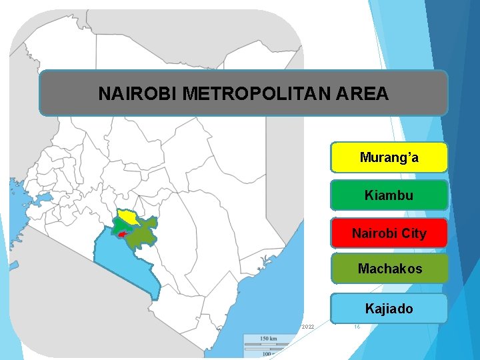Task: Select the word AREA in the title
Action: tap(366, 94)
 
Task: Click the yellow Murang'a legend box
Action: tap(389, 158)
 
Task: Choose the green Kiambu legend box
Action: tap(389, 196)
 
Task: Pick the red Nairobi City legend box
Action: tap(389, 234)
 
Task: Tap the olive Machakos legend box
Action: tap(389, 269)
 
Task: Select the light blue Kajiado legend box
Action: tap(389, 309)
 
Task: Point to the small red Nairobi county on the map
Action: tap(121, 235)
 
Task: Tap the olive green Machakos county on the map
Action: tap(143, 234)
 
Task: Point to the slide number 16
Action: tap(357, 327)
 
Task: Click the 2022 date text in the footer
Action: tap(307, 327)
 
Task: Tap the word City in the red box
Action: tap(415, 234)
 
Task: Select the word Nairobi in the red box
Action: tap(375, 234)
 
